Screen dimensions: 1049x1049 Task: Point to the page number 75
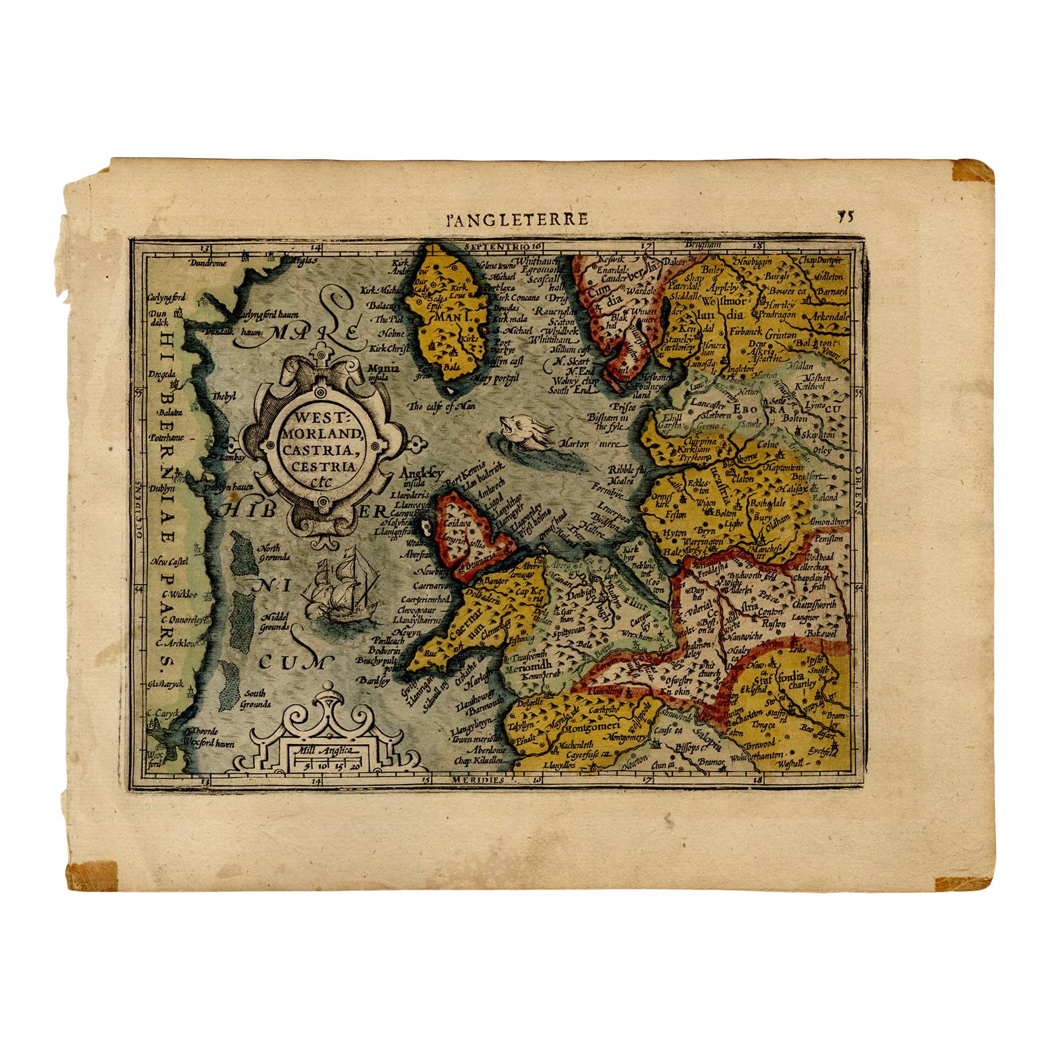click(x=846, y=216)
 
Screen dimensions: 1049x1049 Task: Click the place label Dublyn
click(x=163, y=488)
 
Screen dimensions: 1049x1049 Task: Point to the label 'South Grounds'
click(x=256, y=698)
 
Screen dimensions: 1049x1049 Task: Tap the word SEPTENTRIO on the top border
click(x=495, y=246)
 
